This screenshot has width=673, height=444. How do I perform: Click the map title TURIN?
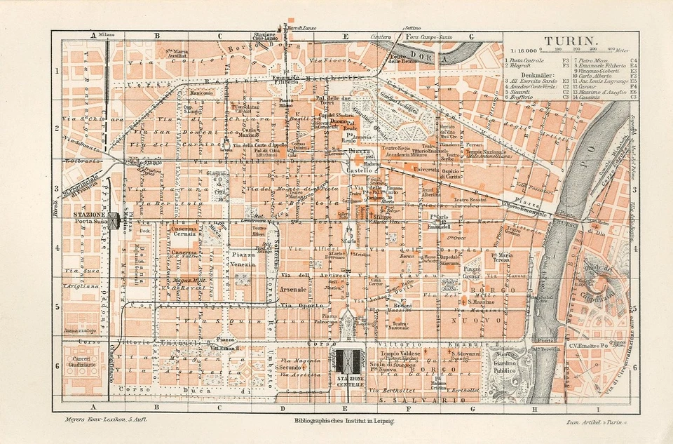coord(570,41)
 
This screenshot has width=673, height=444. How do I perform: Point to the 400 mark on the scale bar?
coord(611,49)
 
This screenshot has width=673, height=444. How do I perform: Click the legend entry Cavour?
coord(588,86)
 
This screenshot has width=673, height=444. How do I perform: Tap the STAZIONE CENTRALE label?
coord(349,381)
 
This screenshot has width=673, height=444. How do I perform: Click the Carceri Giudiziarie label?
coord(81,361)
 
